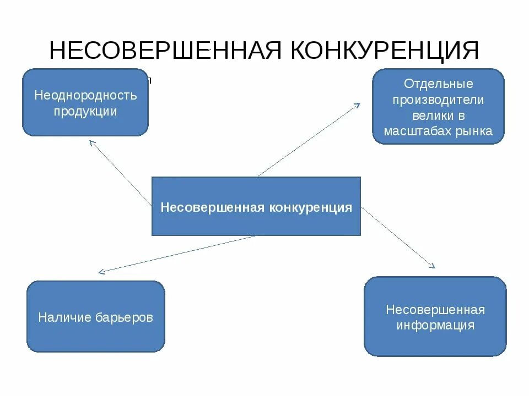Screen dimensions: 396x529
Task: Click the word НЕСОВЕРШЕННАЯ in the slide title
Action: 166,51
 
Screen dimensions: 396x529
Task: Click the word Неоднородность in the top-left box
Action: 85,95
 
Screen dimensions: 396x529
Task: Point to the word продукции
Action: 85,111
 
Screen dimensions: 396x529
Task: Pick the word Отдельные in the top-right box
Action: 439,84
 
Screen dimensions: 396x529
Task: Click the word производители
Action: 439,100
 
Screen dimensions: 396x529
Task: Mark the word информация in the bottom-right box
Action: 435,325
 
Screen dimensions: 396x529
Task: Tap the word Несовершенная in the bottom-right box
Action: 435,310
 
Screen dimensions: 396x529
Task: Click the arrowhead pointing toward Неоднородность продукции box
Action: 91,142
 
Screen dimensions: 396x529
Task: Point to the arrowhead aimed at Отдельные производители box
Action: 358,105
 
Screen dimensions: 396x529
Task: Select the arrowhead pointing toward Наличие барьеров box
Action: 101,272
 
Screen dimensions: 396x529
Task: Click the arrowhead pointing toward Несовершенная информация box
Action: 433,266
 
